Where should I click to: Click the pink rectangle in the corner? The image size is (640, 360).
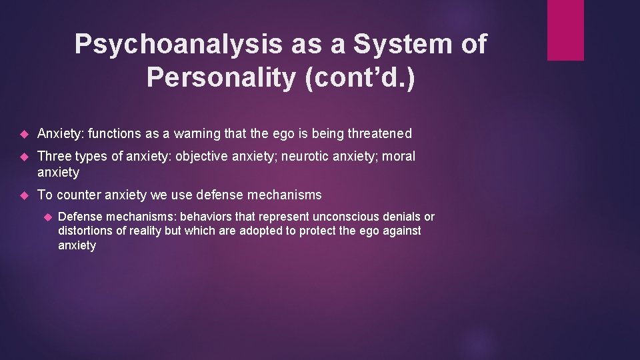(x=565, y=30)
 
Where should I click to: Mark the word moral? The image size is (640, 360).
(x=399, y=157)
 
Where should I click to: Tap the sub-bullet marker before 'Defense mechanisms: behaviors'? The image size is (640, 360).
(x=47, y=217)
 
